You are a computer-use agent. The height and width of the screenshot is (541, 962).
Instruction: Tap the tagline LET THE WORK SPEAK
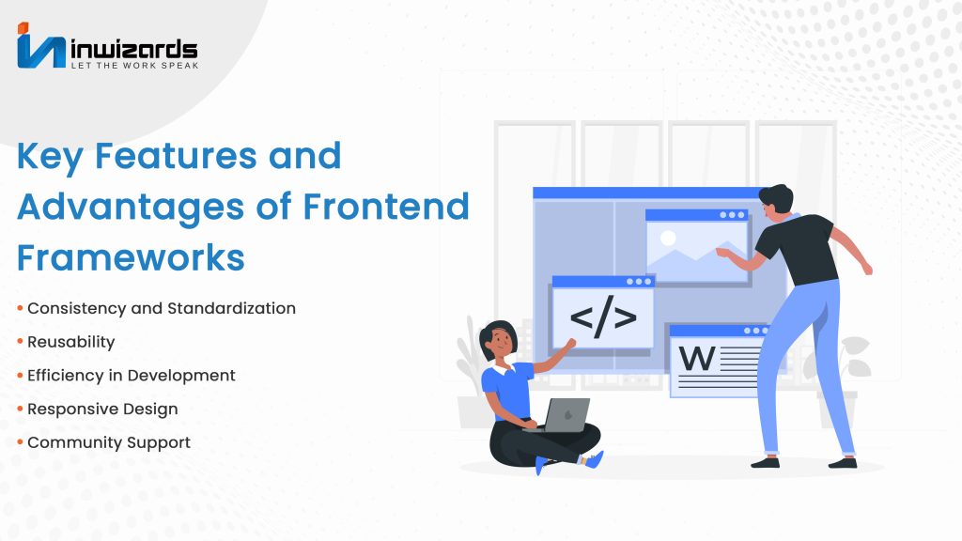tap(135, 65)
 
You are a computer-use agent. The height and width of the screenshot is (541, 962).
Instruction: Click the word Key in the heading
tap(49, 158)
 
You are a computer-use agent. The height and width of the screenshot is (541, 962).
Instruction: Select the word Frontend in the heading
tap(386, 206)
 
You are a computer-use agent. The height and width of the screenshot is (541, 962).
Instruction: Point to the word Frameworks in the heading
tap(131, 257)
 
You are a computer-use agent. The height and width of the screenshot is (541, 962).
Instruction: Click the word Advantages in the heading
tap(131, 209)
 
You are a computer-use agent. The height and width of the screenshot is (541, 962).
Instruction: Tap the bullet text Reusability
tap(71, 342)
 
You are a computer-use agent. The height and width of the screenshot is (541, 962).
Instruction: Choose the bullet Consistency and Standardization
tap(162, 308)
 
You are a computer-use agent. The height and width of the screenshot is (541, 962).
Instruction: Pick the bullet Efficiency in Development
tap(132, 376)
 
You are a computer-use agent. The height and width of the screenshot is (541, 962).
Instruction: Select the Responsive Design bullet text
tap(102, 410)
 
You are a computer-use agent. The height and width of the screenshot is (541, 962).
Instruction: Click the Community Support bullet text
tap(109, 443)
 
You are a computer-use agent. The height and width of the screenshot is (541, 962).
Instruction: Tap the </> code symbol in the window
tap(603, 317)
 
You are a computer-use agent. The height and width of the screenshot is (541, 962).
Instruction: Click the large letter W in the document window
tap(696, 358)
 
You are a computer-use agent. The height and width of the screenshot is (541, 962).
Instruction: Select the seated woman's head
tap(498, 340)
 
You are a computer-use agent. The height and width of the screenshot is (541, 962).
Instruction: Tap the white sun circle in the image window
tap(668, 238)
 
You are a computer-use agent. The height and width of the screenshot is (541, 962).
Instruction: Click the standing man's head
tap(775, 201)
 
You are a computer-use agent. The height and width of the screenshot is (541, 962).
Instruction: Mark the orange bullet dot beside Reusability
tap(21, 341)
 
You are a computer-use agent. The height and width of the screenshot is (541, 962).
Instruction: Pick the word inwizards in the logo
tap(134, 49)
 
